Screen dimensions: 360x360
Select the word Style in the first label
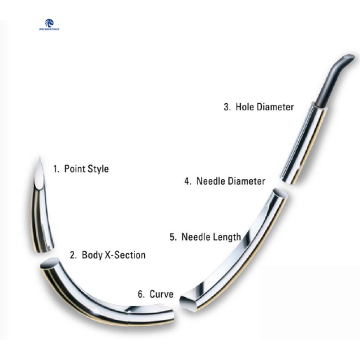[96, 170]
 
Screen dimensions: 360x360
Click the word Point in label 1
[73, 170]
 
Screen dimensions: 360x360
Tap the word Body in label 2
[91, 256]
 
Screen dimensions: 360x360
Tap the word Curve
[162, 294]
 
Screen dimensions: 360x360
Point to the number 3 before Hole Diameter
[225, 106]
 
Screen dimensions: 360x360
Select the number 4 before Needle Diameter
[187, 181]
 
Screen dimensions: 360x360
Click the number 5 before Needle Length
[172, 237]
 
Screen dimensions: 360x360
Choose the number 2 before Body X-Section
[72, 256]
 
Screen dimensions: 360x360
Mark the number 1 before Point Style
[55, 170]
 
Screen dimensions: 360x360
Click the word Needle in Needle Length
[196, 237]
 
